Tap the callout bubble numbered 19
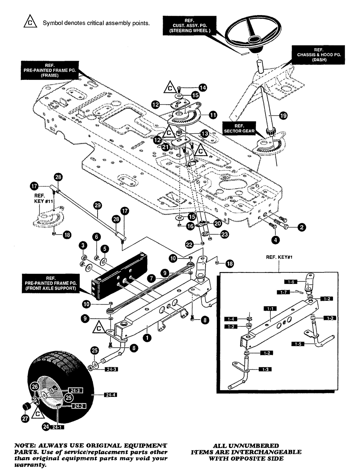click(283, 116)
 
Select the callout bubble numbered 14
click(203, 87)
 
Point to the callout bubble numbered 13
click(205, 134)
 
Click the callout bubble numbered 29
click(98, 205)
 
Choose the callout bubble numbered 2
click(302, 227)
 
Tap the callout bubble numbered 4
click(275, 240)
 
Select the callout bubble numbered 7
click(151, 279)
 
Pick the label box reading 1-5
click(298, 344)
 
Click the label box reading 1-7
click(284, 293)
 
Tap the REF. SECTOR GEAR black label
click(239, 128)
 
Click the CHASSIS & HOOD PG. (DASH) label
click(319, 55)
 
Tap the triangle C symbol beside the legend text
click(30, 22)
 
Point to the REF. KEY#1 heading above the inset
click(279, 257)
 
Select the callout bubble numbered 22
click(189, 244)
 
